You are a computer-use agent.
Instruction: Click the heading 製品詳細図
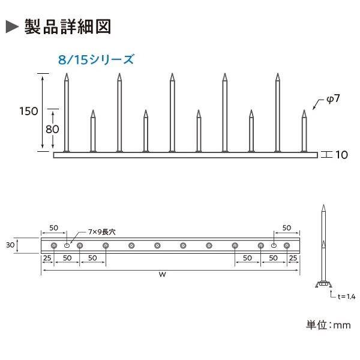[x=68, y=27]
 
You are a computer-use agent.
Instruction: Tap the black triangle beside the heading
[x=12, y=26]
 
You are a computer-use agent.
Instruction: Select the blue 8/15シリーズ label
[x=95, y=59]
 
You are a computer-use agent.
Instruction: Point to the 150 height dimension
[x=29, y=112]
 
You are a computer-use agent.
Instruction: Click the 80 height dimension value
[x=52, y=129]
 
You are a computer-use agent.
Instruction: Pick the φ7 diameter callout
[x=333, y=99]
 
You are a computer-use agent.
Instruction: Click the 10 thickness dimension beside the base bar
[x=341, y=155]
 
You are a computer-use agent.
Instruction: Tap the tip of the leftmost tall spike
[x=67, y=73]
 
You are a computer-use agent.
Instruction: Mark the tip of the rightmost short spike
[x=304, y=110]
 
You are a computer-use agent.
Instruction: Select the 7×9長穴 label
[x=102, y=232]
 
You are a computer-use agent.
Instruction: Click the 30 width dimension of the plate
[x=10, y=245]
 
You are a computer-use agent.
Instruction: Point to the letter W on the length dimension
[x=163, y=274]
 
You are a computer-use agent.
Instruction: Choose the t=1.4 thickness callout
[x=346, y=296]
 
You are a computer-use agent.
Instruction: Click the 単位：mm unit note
[x=328, y=325]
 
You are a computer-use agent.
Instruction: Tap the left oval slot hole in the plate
[x=67, y=245]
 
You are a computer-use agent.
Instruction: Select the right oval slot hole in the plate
[x=274, y=245]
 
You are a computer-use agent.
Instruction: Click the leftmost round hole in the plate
[x=54, y=245]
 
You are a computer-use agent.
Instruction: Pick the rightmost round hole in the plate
[x=287, y=245]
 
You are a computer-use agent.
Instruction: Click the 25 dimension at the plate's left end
[x=47, y=258]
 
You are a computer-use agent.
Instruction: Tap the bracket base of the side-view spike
[x=323, y=284]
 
